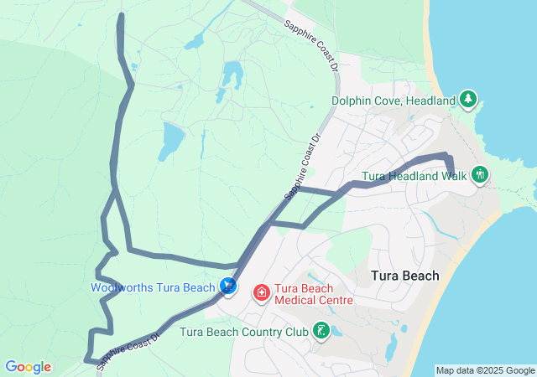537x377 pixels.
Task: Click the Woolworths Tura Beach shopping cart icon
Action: (228, 287)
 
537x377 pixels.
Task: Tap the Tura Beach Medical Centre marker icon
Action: (262, 292)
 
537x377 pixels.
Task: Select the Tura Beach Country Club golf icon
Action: (321, 331)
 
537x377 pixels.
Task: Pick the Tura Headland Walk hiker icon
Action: (480, 176)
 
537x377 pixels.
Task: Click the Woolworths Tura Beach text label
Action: (154, 287)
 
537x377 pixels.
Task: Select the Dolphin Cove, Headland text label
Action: (392, 101)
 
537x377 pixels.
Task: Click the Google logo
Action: (28, 367)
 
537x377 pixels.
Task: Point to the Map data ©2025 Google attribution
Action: (485, 370)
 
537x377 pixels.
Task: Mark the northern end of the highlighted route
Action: (123, 16)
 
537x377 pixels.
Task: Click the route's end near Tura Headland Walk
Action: (452, 174)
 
